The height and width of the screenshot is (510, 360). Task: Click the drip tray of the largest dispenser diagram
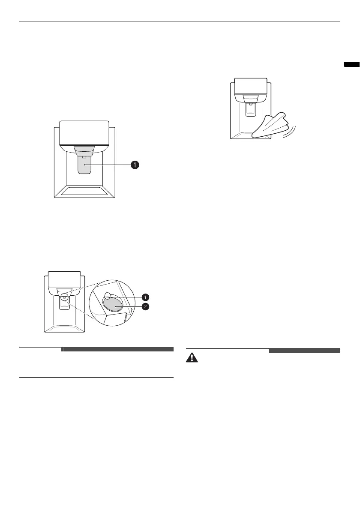pyautogui.click(x=84, y=191)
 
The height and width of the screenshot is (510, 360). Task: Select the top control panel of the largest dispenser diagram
pyautogui.click(x=84, y=132)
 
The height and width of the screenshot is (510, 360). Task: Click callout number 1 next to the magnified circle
pyautogui.click(x=146, y=297)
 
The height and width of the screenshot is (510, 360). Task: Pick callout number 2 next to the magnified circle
pyautogui.click(x=146, y=307)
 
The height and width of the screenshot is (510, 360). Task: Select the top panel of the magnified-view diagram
pyautogui.click(x=64, y=280)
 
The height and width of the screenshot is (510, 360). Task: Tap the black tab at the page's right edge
pyautogui.click(x=351, y=65)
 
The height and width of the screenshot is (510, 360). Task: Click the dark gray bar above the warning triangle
pyautogui.click(x=304, y=350)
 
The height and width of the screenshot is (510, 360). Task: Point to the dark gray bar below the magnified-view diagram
pyautogui.click(x=118, y=349)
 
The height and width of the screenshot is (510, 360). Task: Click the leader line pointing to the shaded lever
pyautogui.click(x=109, y=164)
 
